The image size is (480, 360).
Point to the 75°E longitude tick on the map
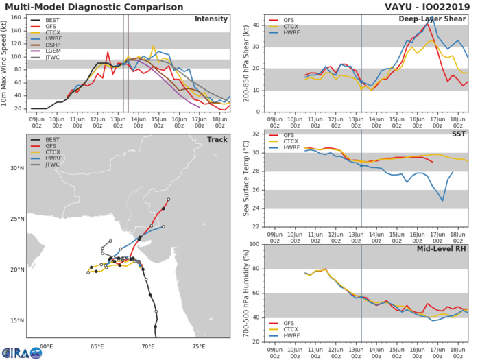pos(199,347)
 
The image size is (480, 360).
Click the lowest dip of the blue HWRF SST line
pos(443,200)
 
